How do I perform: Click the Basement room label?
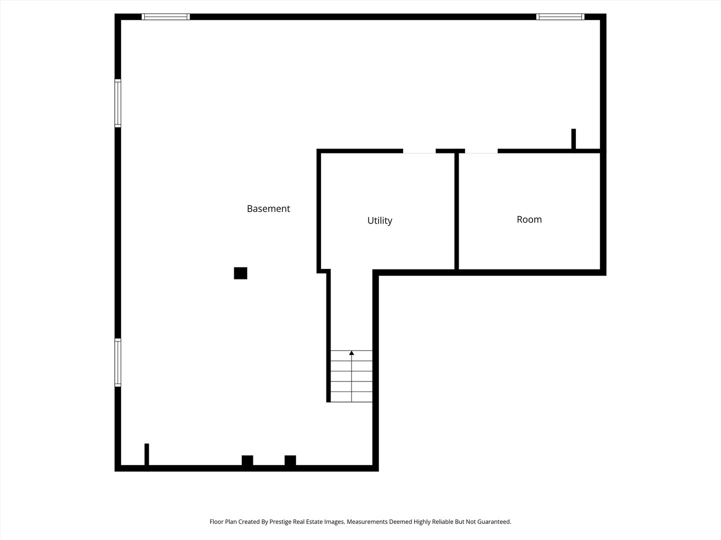coord(268,208)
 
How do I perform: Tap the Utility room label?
coord(380,220)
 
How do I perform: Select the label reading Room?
coord(529,219)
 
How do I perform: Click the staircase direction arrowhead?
coord(351,353)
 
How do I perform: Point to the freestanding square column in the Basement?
coord(240,273)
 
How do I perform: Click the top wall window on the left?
coord(166,16)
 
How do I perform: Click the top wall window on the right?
coord(560,16)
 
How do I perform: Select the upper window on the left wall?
coord(118,103)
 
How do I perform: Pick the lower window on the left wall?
coord(118,362)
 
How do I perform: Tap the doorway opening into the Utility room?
coord(419,151)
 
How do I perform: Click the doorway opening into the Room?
coord(481,151)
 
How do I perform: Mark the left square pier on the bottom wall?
coord(247,460)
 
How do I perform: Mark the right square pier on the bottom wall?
coord(290,460)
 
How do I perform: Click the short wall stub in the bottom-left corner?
coord(147,455)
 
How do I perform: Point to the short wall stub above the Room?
coord(574,138)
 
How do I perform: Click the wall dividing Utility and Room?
coord(457,211)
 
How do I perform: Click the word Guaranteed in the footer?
coord(494,521)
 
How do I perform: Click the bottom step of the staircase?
coord(351,397)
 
